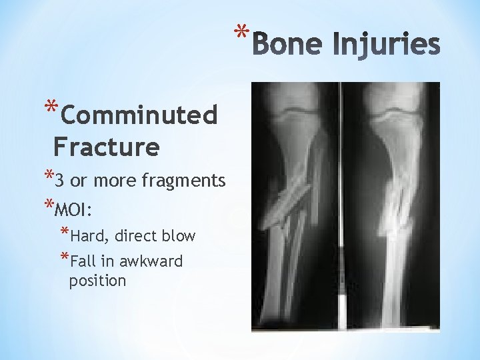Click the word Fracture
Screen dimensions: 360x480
point(107,146)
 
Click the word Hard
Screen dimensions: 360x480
point(90,236)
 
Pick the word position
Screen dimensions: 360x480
point(97,281)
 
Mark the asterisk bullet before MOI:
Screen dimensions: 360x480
point(47,205)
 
